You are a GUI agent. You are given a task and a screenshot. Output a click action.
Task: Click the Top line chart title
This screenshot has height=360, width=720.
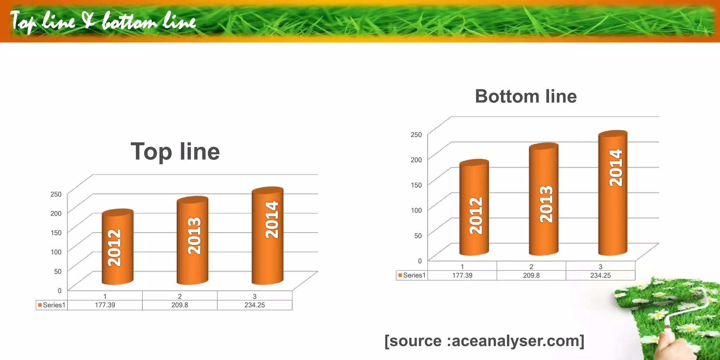pyautogui.click(x=175, y=152)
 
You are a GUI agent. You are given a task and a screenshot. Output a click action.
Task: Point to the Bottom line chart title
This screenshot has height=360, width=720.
pyautogui.click(x=526, y=96)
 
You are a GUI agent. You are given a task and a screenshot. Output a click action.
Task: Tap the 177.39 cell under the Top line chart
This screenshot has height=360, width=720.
pyautogui.click(x=105, y=305)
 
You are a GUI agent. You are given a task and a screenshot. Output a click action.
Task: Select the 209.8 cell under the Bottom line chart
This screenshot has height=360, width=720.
pyautogui.click(x=531, y=275)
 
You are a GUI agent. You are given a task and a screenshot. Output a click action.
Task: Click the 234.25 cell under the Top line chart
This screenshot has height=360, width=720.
pyautogui.click(x=255, y=305)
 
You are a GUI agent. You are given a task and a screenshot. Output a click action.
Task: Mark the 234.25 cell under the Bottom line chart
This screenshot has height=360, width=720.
pyautogui.click(x=600, y=275)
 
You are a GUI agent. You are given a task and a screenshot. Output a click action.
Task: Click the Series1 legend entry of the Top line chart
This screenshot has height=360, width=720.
pyautogui.click(x=52, y=305)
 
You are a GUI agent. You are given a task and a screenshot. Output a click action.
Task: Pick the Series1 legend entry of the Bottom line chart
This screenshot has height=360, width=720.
pyautogui.click(x=412, y=275)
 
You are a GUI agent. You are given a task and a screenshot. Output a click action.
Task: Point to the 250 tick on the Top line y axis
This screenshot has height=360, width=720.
pyautogui.click(x=56, y=194)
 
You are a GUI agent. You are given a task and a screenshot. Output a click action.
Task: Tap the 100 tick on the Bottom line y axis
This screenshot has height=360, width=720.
pyautogui.click(x=416, y=210)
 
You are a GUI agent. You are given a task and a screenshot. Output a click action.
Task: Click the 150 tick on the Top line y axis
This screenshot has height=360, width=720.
pyautogui.click(x=56, y=233)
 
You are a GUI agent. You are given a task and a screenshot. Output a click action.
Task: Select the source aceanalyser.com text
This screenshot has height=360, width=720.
pyautogui.click(x=484, y=341)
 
